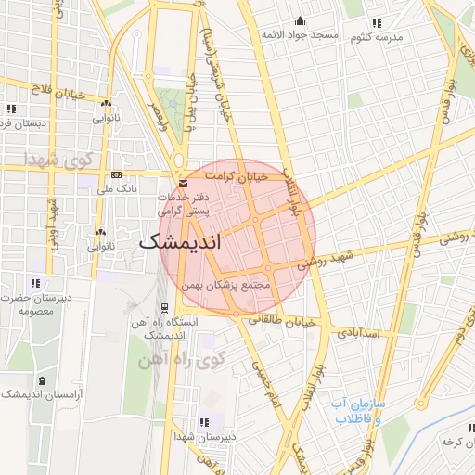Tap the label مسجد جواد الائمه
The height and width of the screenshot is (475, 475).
point(297,35)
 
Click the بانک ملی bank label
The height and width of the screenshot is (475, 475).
point(122,188)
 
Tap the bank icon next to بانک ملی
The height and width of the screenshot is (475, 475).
point(116,174)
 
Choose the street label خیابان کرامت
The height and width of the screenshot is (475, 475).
point(236,175)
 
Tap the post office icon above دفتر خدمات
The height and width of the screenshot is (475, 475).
point(183,184)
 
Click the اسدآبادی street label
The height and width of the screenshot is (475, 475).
point(360,331)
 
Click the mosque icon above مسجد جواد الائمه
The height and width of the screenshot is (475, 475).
point(299,21)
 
